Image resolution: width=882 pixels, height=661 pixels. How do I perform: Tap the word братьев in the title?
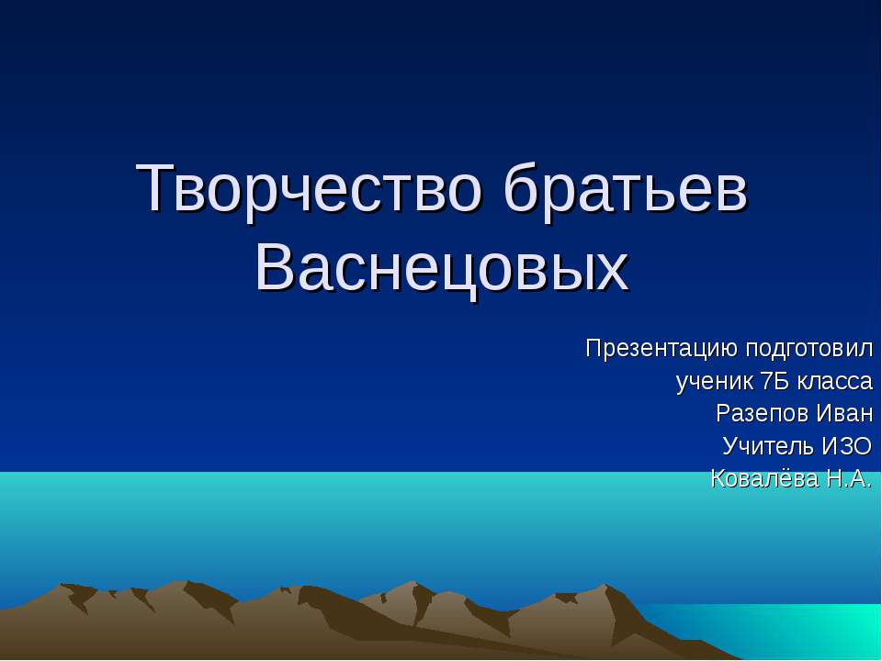coord(627,188)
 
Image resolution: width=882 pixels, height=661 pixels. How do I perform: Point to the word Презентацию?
coord(661,350)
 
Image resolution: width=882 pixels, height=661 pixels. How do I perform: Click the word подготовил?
coord(808,350)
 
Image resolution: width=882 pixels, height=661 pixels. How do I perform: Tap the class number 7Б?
coord(775,381)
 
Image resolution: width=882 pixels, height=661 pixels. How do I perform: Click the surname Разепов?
coord(760,413)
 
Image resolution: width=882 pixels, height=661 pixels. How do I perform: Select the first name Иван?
coord(842,413)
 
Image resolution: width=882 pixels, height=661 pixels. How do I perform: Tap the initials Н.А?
coord(842,477)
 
